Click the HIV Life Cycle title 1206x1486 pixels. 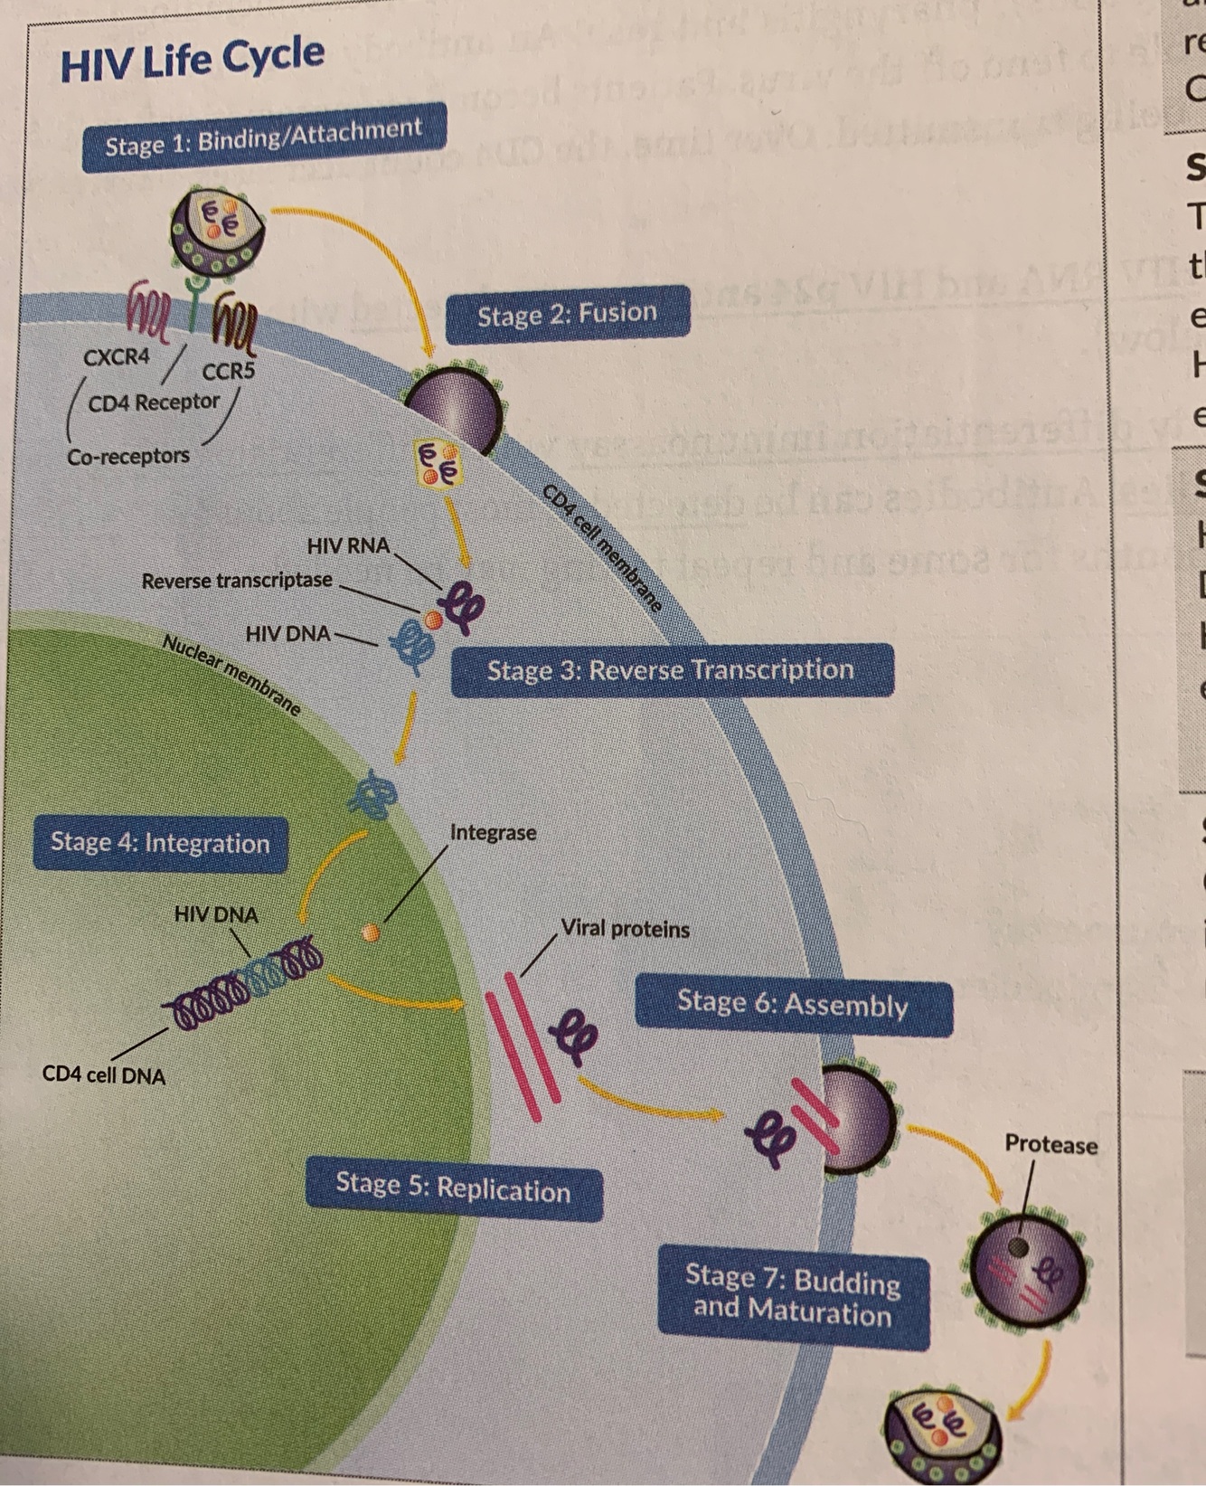coord(192,59)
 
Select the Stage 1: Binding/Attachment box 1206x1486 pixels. coord(263,137)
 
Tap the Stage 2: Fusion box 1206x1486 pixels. coord(567,314)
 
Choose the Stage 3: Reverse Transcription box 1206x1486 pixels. coord(671,670)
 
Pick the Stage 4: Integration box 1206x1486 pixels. coord(160,843)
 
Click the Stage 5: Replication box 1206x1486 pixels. coord(453,1187)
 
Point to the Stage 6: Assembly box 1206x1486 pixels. coord(793,1004)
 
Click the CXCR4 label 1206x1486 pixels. coord(117,357)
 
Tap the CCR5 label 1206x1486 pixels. coord(228,372)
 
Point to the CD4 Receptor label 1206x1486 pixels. coord(154,402)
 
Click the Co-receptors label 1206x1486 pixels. coord(128,456)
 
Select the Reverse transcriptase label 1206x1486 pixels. coord(237,580)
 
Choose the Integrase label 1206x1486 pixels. coord(493,832)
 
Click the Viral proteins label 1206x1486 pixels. coord(625,929)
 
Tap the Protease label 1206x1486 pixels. coord(1051,1145)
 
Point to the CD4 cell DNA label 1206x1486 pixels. coord(104,1075)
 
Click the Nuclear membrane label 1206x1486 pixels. coord(231,675)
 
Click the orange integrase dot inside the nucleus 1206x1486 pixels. coord(370,932)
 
